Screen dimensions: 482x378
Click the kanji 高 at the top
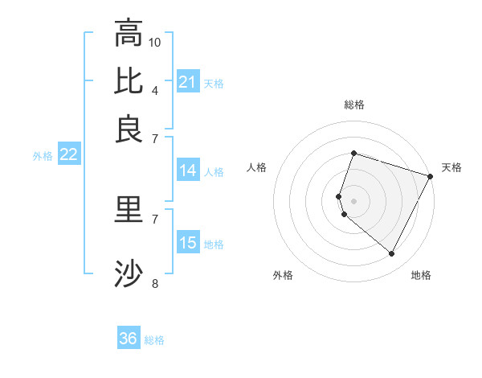[129, 33]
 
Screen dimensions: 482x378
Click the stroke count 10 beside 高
[155, 42]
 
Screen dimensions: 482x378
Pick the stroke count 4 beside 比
[155, 90]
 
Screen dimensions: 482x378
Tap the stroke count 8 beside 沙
[155, 283]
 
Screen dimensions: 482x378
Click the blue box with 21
[188, 82]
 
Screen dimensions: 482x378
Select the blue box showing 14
[188, 171]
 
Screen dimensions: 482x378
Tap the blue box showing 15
[188, 243]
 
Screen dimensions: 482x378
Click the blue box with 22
[68, 154]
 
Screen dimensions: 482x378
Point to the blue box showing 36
[129, 339]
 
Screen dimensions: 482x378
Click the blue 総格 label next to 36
[154, 340]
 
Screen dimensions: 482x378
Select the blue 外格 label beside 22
[43, 156]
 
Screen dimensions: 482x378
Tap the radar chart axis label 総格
[353, 105]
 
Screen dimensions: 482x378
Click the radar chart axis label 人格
[257, 167]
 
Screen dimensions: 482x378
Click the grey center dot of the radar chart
[353, 200]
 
